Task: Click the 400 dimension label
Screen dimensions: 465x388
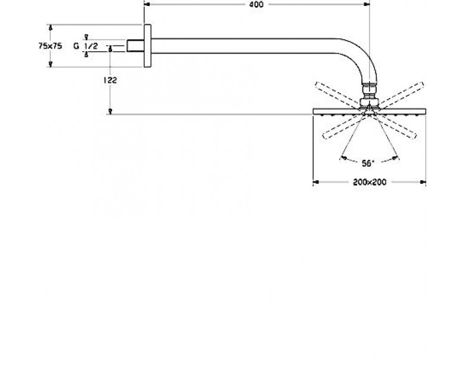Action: point(256,4)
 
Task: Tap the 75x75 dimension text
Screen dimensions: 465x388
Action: point(50,46)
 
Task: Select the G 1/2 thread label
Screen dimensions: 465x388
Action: point(85,46)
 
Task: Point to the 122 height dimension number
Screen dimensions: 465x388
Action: point(110,80)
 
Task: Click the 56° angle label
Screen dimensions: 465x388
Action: point(368,164)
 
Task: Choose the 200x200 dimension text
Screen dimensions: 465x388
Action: point(370,182)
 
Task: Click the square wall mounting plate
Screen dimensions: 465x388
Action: point(147,46)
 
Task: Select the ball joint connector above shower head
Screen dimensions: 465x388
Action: point(369,95)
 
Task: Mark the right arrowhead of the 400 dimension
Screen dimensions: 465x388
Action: point(367,4)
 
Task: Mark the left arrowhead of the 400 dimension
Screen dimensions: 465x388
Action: point(147,4)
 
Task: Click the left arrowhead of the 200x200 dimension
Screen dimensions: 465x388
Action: point(316,182)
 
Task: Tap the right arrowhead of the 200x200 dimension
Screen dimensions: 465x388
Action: point(423,182)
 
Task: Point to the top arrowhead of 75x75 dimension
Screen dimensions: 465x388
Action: point(51,27)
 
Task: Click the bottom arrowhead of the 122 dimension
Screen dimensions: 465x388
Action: point(110,111)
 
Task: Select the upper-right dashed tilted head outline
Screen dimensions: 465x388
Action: point(402,95)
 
